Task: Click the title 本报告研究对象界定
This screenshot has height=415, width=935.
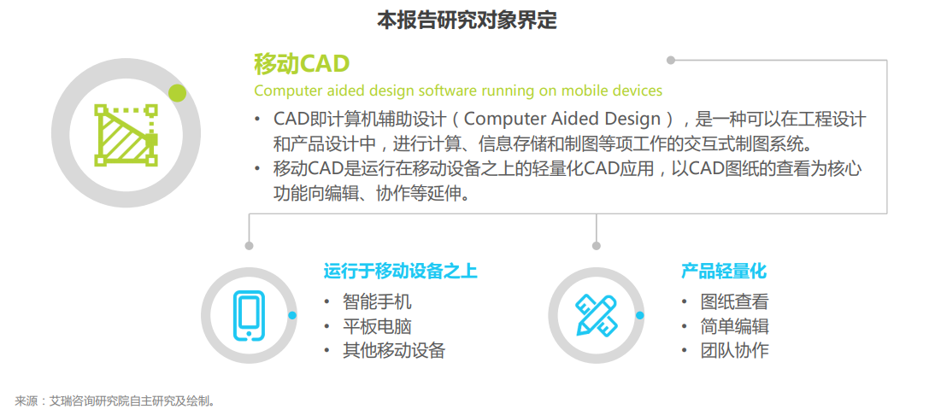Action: (x=467, y=20)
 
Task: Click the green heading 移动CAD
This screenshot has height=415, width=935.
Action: (x=301, y=64)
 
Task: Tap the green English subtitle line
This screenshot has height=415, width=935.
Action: (x=458, y=91)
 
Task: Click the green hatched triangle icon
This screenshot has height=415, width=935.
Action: (x=126, y=135)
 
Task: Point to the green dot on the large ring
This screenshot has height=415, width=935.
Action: (x=177, y=93)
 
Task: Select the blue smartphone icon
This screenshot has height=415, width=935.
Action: (x=249, y=316)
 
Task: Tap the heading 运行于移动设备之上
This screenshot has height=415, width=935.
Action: (x=400, y=272)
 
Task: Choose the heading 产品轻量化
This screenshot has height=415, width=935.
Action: (x=723, y=272)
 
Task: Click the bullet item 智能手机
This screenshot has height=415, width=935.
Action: (x=376, y=302)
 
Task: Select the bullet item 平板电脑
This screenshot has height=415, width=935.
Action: (x=376, y=326)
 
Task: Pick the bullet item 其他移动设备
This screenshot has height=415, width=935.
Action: (x=393, y=351)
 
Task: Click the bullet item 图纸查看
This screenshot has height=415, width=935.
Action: (x=735, y=302)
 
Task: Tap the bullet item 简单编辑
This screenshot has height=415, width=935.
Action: (x=735, y=326)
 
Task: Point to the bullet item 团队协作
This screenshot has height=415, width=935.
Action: (x=735, y=351)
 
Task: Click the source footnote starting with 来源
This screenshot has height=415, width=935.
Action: (x=115, y=401)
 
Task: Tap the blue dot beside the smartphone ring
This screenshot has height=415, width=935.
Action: (x=292, y=316)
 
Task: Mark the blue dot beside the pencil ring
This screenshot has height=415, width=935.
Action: (x=640, y=316)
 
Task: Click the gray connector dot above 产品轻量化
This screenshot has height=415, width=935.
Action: (x=597, y=245)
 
